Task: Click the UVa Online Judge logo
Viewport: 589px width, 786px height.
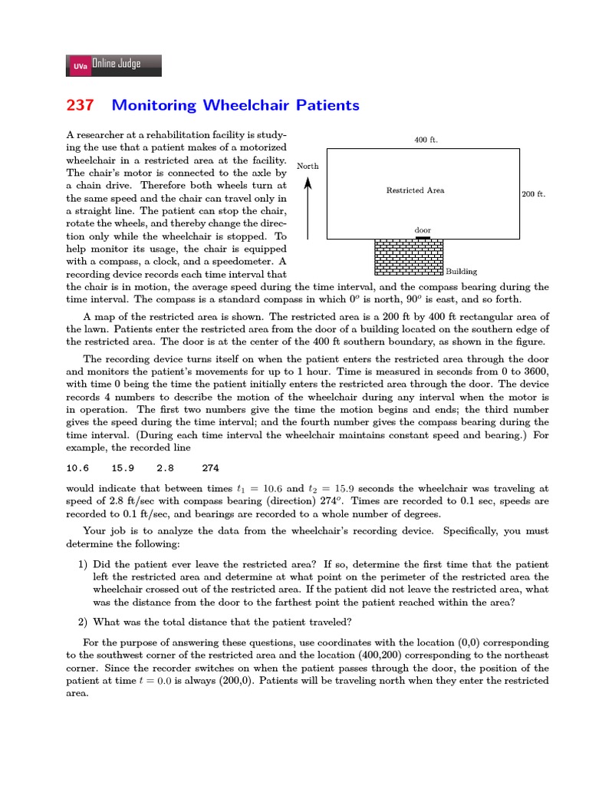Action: click(x=114, y=65)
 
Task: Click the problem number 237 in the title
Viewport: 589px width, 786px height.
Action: click(x=81, y=105)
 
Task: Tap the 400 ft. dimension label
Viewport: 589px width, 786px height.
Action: click(x=426, y=140)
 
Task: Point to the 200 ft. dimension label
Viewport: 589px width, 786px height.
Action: click(x=534, y=194)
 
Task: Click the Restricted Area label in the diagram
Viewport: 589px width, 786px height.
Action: click(x=415, y=190)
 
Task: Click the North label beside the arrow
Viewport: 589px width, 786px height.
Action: click(x=308, y=166)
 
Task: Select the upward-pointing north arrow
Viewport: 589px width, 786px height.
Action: click(x=308, y=207)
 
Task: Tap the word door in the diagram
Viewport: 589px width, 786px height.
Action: click(x=423, y=230)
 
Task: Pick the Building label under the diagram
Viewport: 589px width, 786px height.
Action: click(x=462, y=271)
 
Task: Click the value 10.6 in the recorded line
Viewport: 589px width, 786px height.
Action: click(x=77, y=467)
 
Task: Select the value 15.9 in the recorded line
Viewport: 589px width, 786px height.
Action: click(x=123, y=467)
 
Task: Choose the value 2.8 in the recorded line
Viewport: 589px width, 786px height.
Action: click(x=165, y=467)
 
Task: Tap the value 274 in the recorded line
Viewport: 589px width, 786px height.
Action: click(x=210, y=467)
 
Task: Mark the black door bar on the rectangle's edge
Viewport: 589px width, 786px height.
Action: click(x=423, y=238)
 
